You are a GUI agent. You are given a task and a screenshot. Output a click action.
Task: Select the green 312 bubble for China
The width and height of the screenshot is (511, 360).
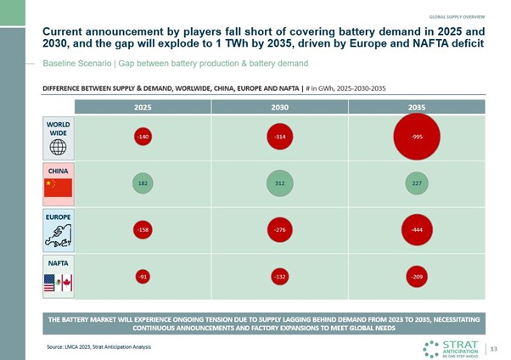(279, 182)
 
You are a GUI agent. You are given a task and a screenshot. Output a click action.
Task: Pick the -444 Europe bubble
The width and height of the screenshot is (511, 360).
(416, 229)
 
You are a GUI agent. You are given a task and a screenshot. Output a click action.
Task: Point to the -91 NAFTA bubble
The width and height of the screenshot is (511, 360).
(142, 276)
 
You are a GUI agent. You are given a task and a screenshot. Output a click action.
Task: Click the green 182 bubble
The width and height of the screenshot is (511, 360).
(142, 183)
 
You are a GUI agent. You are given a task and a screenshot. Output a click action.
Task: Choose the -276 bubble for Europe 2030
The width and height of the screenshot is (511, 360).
(279, 229)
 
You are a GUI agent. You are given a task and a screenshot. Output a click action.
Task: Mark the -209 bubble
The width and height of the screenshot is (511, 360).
(416, 276)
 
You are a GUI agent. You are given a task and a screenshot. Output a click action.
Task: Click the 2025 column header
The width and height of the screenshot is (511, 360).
(142, 108)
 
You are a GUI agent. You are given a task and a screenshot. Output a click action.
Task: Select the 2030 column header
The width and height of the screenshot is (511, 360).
(279, 108)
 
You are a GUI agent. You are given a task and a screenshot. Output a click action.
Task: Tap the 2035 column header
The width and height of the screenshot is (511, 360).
(416, 108)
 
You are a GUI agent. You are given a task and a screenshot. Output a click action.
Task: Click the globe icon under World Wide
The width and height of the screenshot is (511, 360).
(59, 146)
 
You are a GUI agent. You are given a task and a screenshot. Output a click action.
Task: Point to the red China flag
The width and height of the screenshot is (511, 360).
(59, 187)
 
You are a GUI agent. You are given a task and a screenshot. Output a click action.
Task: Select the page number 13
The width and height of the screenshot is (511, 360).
(492, 346)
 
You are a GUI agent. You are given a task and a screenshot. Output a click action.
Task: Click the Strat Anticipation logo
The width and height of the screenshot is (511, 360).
(454, 347)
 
